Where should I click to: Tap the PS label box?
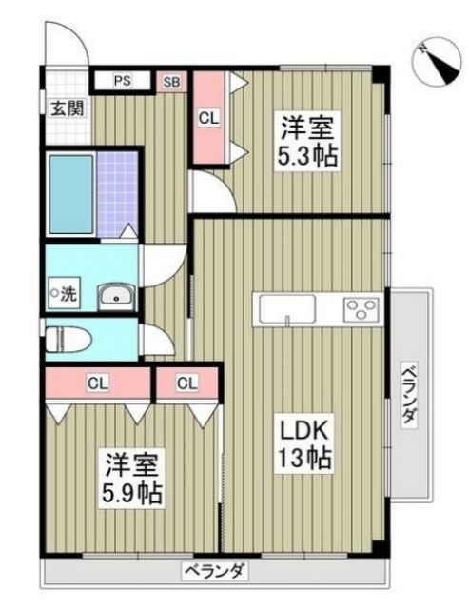123,81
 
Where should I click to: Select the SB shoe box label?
171,82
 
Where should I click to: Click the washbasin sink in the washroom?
117,296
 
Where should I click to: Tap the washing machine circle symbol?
55,293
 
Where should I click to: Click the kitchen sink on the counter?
286,308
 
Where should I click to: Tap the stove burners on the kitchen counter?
362,308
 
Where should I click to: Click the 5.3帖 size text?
307,157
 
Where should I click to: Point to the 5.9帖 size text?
132,495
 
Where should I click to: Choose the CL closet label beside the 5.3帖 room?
208,118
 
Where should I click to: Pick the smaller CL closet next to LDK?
186,383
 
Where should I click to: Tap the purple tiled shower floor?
116,194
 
